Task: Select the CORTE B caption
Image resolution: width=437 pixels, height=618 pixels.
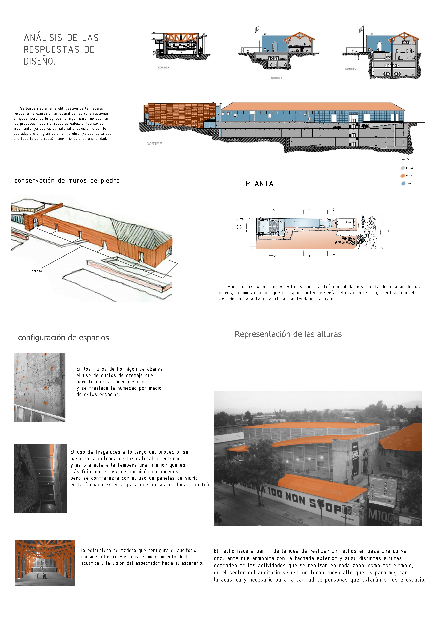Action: [276, 78]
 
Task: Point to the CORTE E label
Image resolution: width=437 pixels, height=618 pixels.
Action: [154, 144]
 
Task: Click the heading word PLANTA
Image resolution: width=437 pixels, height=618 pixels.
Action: [259, 184]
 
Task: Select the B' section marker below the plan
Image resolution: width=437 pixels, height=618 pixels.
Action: [309, 255]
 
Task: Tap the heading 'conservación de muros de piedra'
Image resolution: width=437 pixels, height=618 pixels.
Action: [67, 181]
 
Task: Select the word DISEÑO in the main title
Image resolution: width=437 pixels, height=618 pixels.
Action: [39, 61]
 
